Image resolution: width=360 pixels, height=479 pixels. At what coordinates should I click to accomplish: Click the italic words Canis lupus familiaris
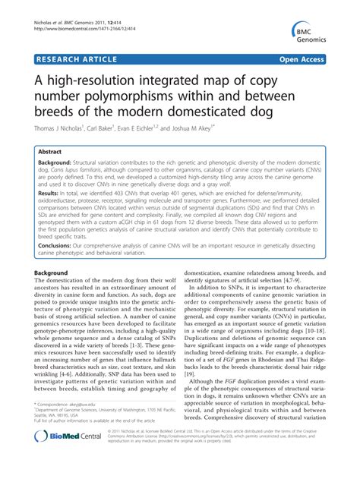tap(79, 171)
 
